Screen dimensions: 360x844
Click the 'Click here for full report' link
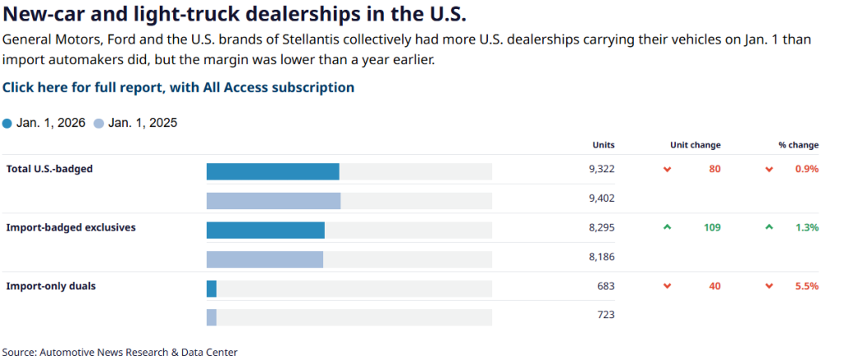tap(178, 87)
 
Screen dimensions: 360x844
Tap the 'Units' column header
tap(603, 145)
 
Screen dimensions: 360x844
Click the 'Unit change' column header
tap(695, 145)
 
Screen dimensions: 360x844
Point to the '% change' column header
tap(798, 145)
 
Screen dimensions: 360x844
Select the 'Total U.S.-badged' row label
tap(49, 169)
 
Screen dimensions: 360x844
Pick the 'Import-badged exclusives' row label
tap(71, 227)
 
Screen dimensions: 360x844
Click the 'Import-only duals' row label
tap(52, 286)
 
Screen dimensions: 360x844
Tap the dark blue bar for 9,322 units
tap(273, 171)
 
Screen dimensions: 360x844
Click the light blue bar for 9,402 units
tap(273, 200)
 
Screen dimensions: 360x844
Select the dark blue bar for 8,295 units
tap(265, 230)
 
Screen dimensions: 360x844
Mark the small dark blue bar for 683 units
tap(212, 288)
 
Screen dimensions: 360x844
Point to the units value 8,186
tap(602, 256)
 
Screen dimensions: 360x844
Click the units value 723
tap(606, 315)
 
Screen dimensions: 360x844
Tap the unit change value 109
tap(711, 227)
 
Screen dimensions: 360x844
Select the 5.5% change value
tap(807, 286)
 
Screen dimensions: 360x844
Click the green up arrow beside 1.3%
tap(769, 227)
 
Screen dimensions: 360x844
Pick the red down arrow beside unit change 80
tap(668, 169)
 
